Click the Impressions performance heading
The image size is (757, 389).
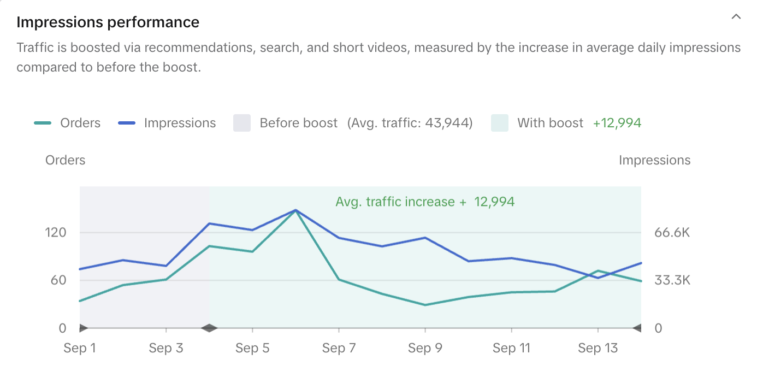pos(108,22)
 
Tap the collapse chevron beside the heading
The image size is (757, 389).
pos(736,17)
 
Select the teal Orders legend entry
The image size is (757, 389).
pos(67,123)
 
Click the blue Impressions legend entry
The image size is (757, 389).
pos(167,123)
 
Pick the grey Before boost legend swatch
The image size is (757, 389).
pos(242,123)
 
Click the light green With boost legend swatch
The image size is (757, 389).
pos(500,123)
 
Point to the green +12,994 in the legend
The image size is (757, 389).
pos(617,123)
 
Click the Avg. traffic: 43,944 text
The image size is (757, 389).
pos(410,123)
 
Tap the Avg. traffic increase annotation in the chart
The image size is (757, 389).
pos(425,202)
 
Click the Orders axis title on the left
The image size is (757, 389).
pos(65,160)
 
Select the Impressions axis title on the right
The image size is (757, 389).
pos(654,160)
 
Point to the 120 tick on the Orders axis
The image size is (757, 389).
pos(55,233)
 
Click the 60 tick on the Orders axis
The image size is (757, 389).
pos(58,280)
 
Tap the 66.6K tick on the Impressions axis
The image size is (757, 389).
pos(672,233)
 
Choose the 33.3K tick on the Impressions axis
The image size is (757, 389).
pos(672,280)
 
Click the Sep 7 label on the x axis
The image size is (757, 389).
pos(339,348)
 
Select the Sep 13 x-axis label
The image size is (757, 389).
pos(598,348)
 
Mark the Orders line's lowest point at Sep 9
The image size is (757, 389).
pos(425,305)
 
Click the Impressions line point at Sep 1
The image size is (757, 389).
pos(80,269)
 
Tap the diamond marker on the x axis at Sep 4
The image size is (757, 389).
pos(209,328)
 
